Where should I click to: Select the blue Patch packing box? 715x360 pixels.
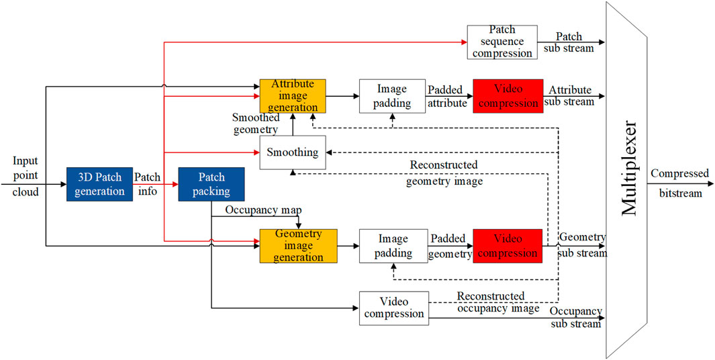pyautogui.click(x=211, y=184)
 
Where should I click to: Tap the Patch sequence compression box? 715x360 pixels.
pyautogui.click(x=502, y=42)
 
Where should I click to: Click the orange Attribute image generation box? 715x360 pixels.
pyautogui.click(x=293, y=95)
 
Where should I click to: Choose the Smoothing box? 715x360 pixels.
pyautogui.click(x=293, y=152)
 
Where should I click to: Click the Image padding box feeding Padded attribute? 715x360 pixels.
pyautogui.click(x=393, y=95)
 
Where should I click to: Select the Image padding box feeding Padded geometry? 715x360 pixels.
pyautogui.click(x=393, y=245)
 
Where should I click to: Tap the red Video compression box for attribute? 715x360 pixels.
pyautogui.click(x=508, y=95)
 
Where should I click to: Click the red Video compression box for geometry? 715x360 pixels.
pyautogui.click(x=508, y=245)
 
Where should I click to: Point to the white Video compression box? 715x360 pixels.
pyautogui.click(x=393, y=308)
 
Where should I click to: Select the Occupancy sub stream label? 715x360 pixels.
pyautogui.click(x=575, y=318)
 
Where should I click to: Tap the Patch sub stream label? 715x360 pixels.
pyautogui.click(x=570, y=42)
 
